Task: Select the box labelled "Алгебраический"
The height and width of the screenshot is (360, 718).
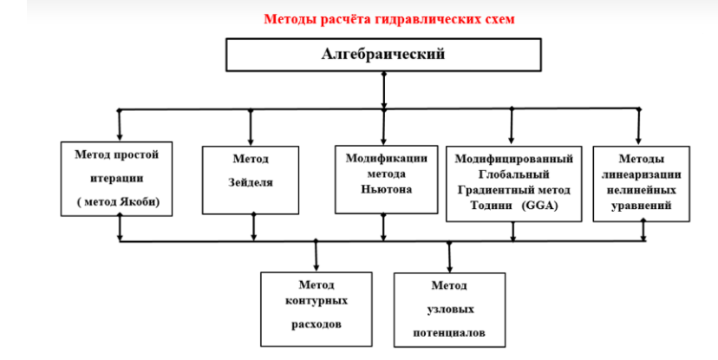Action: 383,55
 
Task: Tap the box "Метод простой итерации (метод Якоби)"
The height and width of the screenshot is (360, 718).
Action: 118,178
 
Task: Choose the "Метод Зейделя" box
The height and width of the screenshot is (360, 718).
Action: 251,180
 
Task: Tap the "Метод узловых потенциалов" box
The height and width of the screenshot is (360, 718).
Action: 449,309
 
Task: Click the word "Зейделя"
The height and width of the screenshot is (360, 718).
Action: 251,185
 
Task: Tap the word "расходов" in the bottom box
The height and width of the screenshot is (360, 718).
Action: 314,323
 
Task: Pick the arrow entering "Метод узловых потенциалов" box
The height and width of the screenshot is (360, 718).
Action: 449,259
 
